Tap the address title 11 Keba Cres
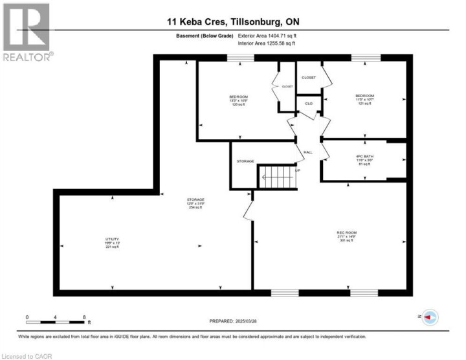(232, 21)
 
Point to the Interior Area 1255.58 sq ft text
(267, 43)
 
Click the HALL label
(308, 152)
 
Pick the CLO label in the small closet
(309, 104)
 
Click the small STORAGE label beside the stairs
(245, 161)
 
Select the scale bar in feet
(56, 321)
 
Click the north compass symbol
(430, 317)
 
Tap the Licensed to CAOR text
(27, 355)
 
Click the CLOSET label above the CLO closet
(309, 78)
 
